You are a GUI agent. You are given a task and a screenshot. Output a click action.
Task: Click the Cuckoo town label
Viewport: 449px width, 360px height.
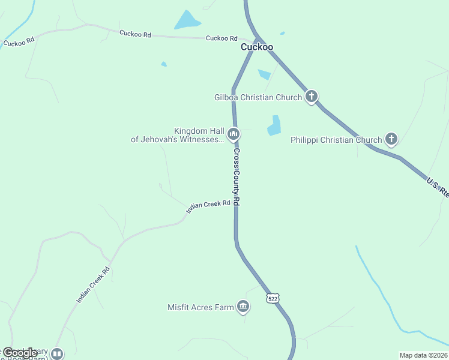pos(257,47)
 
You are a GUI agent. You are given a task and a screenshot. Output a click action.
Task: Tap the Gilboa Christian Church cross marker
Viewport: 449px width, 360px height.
pos(311,96)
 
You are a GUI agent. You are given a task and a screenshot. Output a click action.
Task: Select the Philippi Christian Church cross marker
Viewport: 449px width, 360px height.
pos(391,139)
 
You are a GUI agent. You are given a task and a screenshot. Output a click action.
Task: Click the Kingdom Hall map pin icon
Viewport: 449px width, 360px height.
pos(234,133)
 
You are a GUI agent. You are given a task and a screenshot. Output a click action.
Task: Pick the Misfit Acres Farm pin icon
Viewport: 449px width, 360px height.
pos(243,307)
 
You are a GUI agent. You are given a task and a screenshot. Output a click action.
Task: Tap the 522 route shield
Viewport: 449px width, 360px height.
pos(273,298)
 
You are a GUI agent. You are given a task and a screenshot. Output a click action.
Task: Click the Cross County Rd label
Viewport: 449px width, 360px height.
pos(237,177)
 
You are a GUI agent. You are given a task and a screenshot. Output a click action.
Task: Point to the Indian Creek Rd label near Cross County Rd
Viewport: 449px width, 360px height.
pos(208,206)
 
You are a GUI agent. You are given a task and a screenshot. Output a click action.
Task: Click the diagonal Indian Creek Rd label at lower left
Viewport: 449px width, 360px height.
pos(94,283)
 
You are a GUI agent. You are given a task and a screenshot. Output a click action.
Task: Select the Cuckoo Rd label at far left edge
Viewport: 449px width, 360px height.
pos(19,43)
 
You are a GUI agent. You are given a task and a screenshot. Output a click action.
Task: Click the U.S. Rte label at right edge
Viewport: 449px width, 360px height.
pos(438,187)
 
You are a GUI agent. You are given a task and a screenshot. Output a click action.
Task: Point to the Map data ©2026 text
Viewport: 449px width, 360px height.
pos(424,355)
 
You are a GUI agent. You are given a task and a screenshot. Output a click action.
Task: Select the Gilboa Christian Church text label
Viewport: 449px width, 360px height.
pos(259,97)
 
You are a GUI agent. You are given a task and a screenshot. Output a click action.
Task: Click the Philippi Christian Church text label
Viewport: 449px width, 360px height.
pos(336,140)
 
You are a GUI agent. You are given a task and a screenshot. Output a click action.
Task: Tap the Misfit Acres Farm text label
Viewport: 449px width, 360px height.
pos(200,307)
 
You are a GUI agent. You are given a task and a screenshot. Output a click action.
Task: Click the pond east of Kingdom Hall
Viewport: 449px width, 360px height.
pos(274,125)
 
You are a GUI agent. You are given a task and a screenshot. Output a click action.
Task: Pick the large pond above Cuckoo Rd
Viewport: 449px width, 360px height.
pos(187,21)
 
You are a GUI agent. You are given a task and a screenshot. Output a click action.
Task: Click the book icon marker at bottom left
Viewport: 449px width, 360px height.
pos(57,353)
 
